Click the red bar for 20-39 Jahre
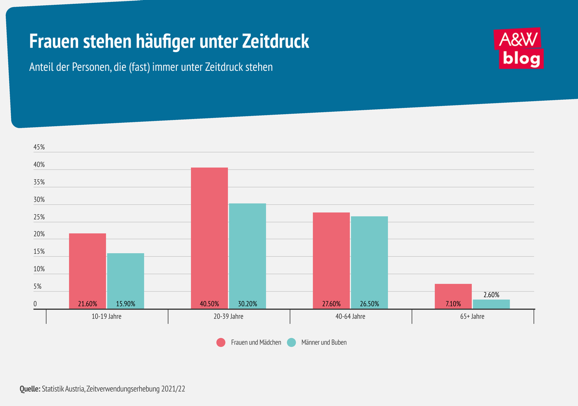tap(210, 236)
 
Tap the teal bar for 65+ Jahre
tap(491, 304)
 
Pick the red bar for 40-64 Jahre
tap(331, 258)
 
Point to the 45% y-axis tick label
tap(39, 148)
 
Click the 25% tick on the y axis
tap(39, 217)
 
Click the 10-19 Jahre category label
tap(107, 317)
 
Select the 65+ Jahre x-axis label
tap(473, 317)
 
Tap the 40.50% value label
tap(210, 304)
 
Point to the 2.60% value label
tap(491, 294)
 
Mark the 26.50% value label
tap(369, 304)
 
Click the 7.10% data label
tap(453, 304)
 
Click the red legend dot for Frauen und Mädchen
tap(221, 342)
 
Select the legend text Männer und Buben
tap(324, 342)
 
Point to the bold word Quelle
tap(30, 388)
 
